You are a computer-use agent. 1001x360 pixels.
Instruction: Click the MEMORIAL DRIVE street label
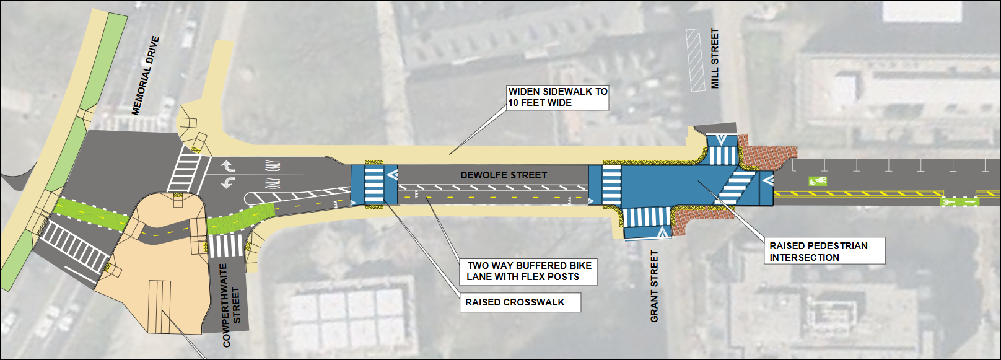coord(146,76)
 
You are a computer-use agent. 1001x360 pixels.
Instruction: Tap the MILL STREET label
coord(715,58)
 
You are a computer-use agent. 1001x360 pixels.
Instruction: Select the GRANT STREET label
coord(655,287)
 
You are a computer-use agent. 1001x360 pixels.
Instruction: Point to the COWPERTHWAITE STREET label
coord(232,305)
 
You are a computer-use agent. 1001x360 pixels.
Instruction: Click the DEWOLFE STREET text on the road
coord(504,175)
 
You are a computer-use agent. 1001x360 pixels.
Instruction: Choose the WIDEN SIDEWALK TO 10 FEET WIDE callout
coord(557,97)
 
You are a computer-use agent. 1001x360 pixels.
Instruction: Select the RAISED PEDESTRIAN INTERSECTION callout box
coord(824,252)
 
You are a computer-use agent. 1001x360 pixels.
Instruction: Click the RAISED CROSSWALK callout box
coord(520,302)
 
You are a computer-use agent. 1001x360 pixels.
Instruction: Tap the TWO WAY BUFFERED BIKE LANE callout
coord(528,271)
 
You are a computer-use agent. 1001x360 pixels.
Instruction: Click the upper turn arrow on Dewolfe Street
coord(228,166)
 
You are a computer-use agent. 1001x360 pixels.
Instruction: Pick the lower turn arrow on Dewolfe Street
coord(228,182)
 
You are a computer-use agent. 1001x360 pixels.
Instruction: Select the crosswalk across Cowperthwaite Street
coord(225,246)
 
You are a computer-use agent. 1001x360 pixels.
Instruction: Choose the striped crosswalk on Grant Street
coord(647,217)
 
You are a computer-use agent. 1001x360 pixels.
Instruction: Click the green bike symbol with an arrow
coord(959,202)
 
